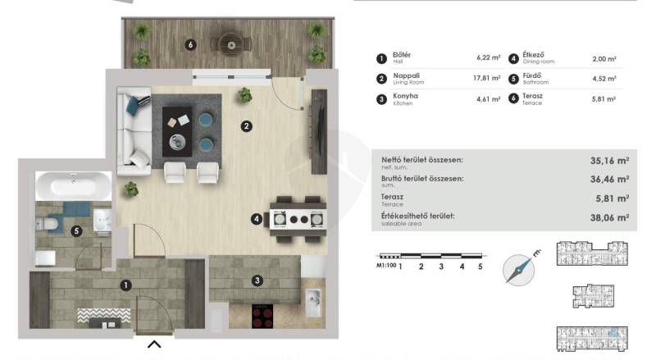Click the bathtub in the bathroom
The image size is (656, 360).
pos(74,185)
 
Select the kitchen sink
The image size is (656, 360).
pos(313,303)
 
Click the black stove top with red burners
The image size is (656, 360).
pos(262,316)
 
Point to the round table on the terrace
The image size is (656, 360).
pos(231,44)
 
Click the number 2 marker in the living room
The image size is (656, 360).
pos(247,126)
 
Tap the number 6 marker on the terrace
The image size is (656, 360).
pos(191,44)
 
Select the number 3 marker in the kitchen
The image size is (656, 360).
pos(257,280)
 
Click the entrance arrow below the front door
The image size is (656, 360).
pos(154,344)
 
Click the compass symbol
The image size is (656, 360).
pos(520,269)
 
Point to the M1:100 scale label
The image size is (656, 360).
pos(386,266)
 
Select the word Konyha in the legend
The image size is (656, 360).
pos(405,96)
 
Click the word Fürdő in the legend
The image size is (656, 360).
pos(531,75)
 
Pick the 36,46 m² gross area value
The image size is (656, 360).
pos(609,179)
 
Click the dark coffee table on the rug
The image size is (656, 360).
pos(177,131)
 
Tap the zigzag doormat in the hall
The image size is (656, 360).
pos(104,315)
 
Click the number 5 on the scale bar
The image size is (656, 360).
pos(481,267)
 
